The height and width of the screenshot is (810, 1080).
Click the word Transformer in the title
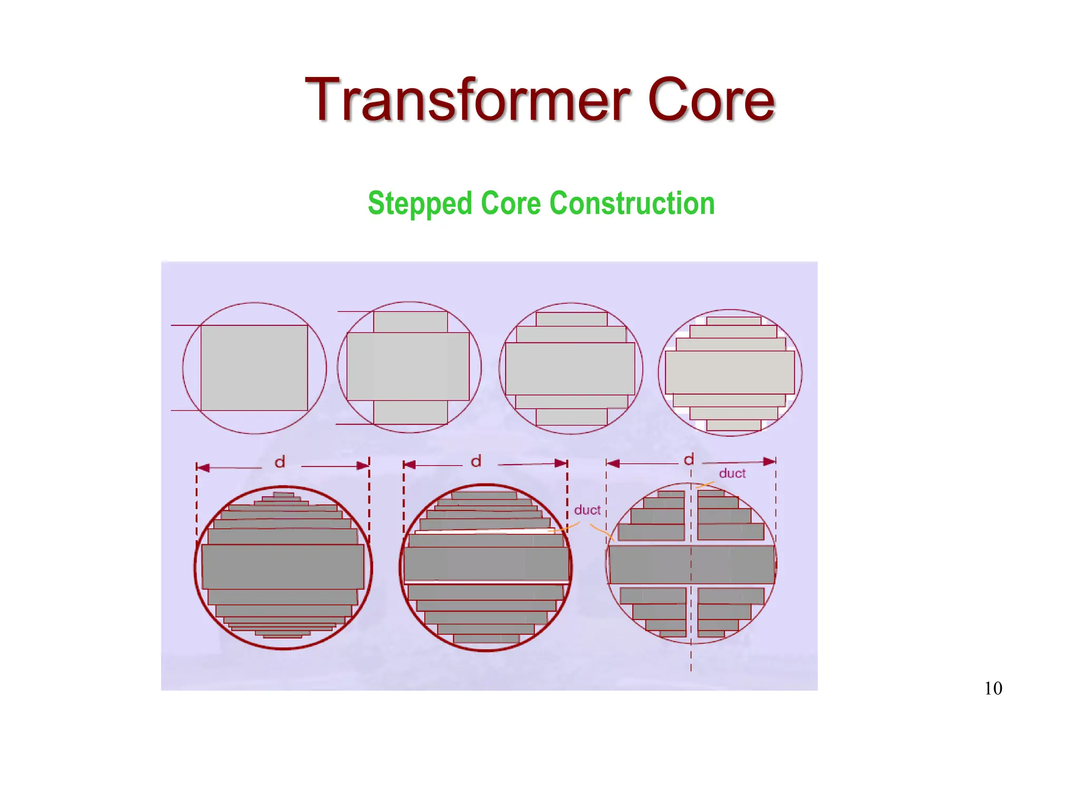(x=467, y=100)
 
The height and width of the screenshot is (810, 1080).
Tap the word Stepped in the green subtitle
(x=420, y=204)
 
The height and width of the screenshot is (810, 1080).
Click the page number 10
(x=993, y=688)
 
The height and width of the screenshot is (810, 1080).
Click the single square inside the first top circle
(x=254, y=368)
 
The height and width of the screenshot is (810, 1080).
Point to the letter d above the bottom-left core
(x=280, y=462)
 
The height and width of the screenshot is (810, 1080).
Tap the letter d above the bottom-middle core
(x=476, y=462)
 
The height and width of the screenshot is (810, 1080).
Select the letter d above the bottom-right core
(x=689, y=460)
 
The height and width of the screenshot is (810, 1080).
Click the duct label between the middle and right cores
(x=587, y=510)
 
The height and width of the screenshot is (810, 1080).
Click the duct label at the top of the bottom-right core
(x=732, y=474)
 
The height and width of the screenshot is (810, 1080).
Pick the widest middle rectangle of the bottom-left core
(x=283, y=566)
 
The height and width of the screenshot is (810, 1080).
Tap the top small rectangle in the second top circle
(x=410, y=322)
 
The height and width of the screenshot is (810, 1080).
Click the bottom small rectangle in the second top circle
(x=410, y=412)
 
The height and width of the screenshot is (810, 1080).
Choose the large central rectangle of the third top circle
(x=570, y=369)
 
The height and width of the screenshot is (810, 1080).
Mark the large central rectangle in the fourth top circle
(x=730, y=372)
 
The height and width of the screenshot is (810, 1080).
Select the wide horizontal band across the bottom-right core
(x=691, y=564)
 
